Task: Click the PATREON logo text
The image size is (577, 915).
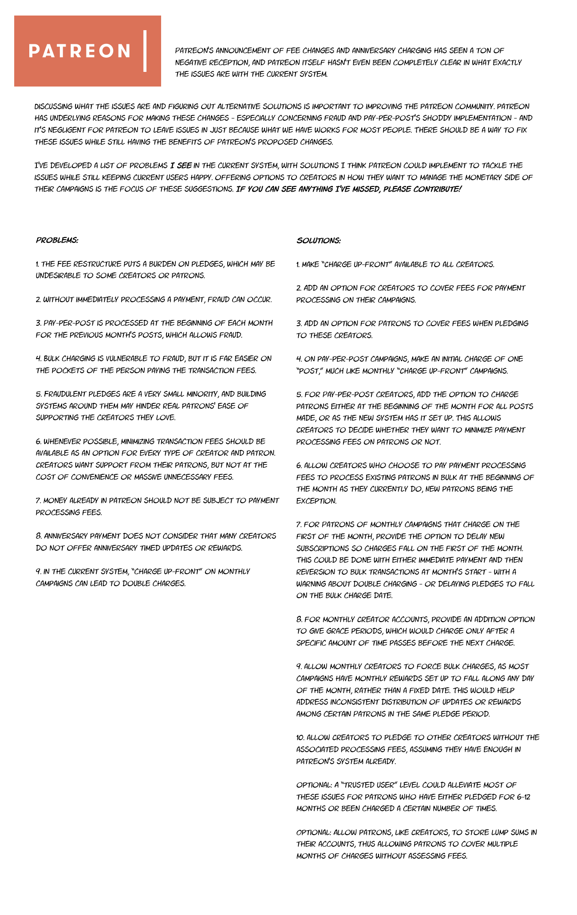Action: click(x=80, y=51)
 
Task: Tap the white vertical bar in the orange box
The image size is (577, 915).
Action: click(x=145, y=51)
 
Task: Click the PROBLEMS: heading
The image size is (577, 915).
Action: click(x=57, y=240)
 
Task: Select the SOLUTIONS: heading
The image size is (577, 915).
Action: click(x=319, y=241)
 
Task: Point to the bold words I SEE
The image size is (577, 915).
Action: click(x=181, y=166)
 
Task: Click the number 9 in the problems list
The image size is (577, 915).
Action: click(x=38, y=572)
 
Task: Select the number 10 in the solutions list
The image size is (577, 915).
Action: click(x=300, y=738)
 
